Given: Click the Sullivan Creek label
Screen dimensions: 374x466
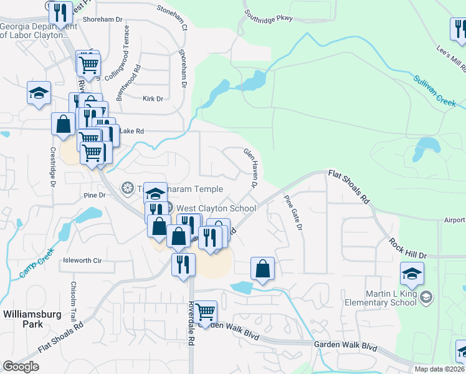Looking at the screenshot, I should tap(435, 90).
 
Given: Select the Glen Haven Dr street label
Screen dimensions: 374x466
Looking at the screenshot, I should tap(250, 167).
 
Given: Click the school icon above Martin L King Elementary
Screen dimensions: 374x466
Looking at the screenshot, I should tap(412, 274).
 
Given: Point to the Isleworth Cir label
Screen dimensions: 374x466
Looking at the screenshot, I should tap(82, 261).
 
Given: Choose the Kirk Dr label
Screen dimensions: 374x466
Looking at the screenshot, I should tap(152, 98).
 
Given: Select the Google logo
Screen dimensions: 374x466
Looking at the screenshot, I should tap(21, 367).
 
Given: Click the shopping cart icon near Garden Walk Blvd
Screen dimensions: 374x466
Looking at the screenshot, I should tap(205, 312).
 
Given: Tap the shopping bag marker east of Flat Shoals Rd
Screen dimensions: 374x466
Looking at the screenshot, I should tap(263, 269).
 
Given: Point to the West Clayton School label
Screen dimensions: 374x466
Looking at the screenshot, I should tap(216, 208).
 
